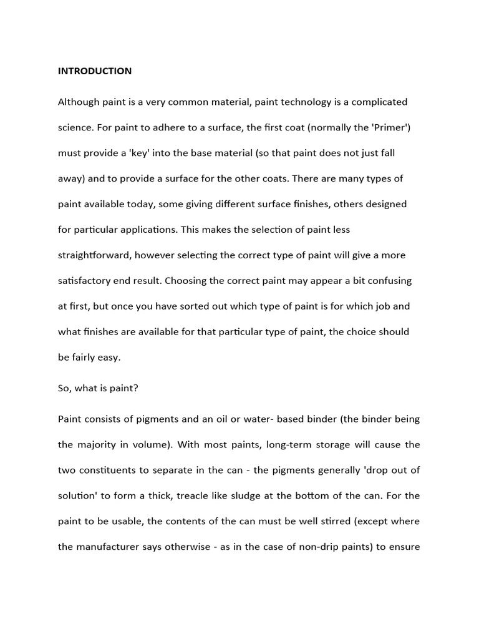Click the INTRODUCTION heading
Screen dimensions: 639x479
pos(95,71)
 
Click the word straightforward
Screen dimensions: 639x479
pos(94,255)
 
